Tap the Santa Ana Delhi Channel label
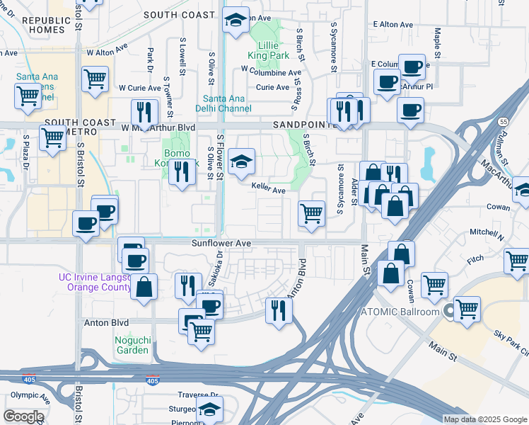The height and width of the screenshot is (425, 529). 226,103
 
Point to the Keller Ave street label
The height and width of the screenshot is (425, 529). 269,190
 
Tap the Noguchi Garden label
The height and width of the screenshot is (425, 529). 132,344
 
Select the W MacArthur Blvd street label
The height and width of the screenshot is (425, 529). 158,127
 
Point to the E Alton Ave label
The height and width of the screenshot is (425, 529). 393,25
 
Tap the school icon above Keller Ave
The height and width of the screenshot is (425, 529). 241,161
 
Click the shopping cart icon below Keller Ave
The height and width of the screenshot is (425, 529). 311,212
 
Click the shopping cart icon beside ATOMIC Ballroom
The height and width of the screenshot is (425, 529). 467,309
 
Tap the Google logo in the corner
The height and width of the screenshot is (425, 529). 23,416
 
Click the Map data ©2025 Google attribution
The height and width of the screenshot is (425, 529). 484,419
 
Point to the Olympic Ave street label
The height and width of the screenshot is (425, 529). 30,395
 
